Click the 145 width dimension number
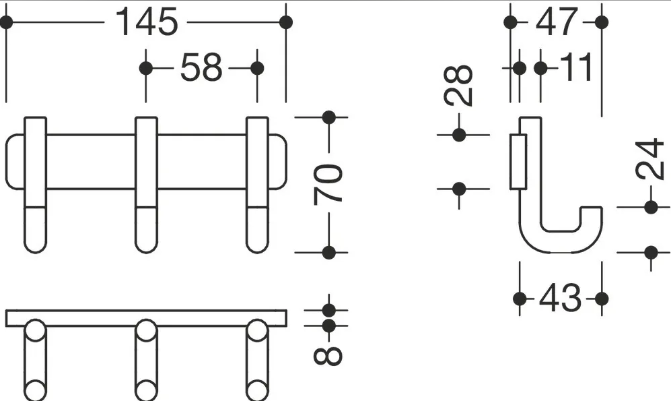tap(146, 22)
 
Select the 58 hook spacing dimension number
tap(201, 67)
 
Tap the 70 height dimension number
tap(328, 183)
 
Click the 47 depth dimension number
tap(557, 22)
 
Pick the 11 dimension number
tap(576, 67)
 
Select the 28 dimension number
tap(459, 86)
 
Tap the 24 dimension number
tap(650, 158)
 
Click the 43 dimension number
tap(561, 298)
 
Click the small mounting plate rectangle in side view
tap(518, 162)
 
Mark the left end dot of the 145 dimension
tap(6, 22)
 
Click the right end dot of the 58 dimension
tap(257, 68)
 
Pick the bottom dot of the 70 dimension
tap(328, 253)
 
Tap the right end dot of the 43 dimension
tap(602, 299)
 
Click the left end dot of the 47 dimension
tap(511, 22)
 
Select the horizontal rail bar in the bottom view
tap(146, 318)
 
